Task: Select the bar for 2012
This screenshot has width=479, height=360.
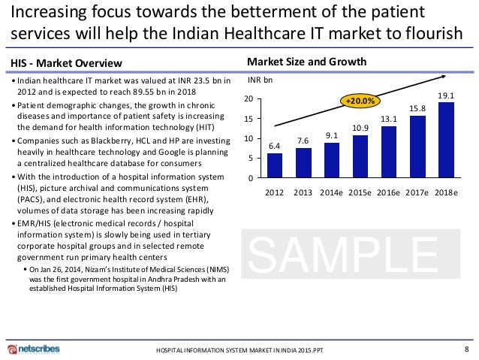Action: click(275, 165)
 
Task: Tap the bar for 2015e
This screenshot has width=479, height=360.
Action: click(360, 156)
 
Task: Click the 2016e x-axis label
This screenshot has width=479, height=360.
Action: click(389, 192)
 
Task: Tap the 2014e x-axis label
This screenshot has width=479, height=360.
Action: click(331, 192)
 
